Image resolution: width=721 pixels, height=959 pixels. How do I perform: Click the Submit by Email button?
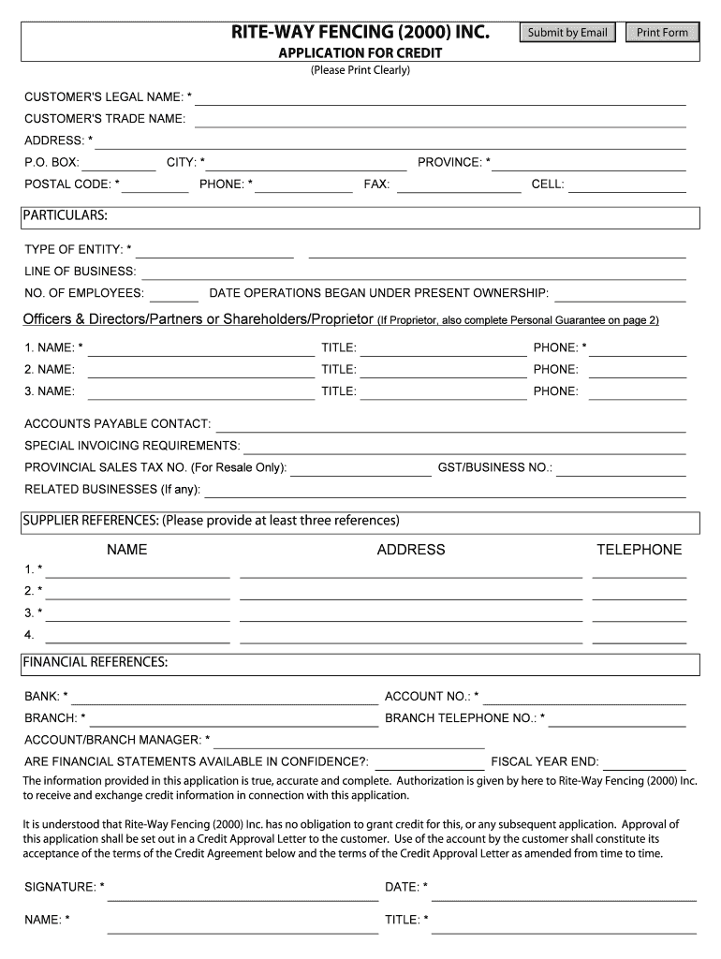(567, 33)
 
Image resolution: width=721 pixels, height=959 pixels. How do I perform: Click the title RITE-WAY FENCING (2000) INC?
(360, 33)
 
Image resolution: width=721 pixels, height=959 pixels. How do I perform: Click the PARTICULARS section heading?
(66, 216)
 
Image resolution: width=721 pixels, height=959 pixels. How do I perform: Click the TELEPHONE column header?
(640, 550)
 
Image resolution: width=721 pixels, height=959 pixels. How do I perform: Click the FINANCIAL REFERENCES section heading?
(96, 663)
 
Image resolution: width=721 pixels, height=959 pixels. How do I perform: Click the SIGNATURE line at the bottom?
(243, 892)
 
